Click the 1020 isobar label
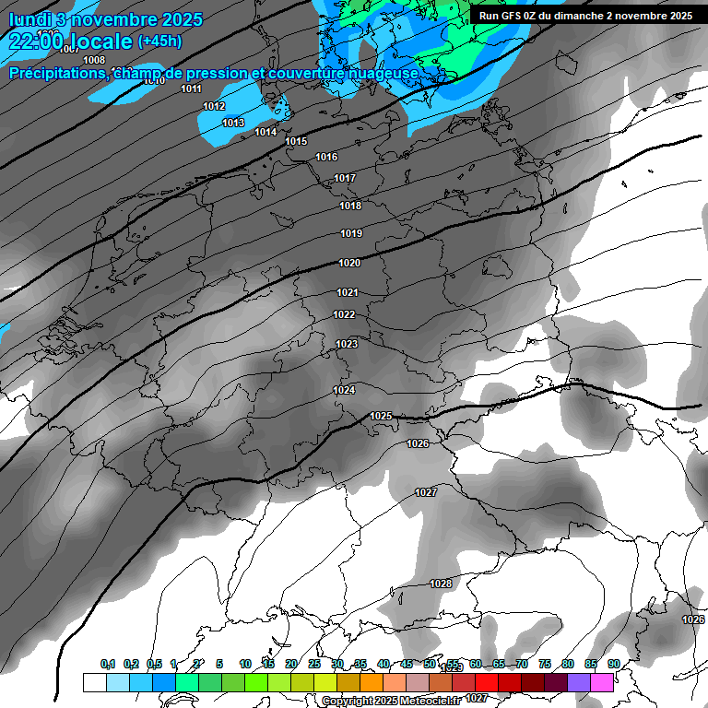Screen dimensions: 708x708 (349, 264)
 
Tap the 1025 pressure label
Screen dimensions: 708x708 (381, 416)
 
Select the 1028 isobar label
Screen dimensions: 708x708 (441, 584)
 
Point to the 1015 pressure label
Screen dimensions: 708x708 (296, 141)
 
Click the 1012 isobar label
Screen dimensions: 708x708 (214, 107)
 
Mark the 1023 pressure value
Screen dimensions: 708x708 (347, 344)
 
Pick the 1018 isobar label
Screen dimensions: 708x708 (350, 206)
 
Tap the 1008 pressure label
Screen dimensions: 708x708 (94, 61)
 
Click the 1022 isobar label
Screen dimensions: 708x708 (344, 314)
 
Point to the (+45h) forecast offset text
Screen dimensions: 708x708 (159, 41)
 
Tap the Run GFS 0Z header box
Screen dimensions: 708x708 (585, 16)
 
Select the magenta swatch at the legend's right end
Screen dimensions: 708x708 (602, 682)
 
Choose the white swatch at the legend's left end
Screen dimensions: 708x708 (94, 682)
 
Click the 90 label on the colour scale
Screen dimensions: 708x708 (613, 664)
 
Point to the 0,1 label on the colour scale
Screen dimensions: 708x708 (108, 664)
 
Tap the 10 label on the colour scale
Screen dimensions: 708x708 (245, 664)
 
